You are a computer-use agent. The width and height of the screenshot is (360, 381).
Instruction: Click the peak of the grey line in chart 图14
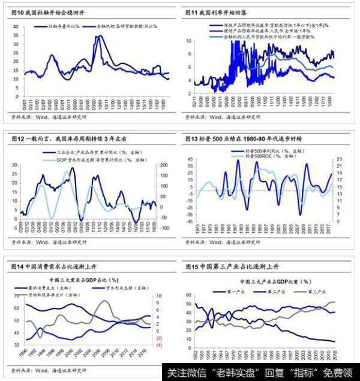pyautogui.click(x=103, y=301)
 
